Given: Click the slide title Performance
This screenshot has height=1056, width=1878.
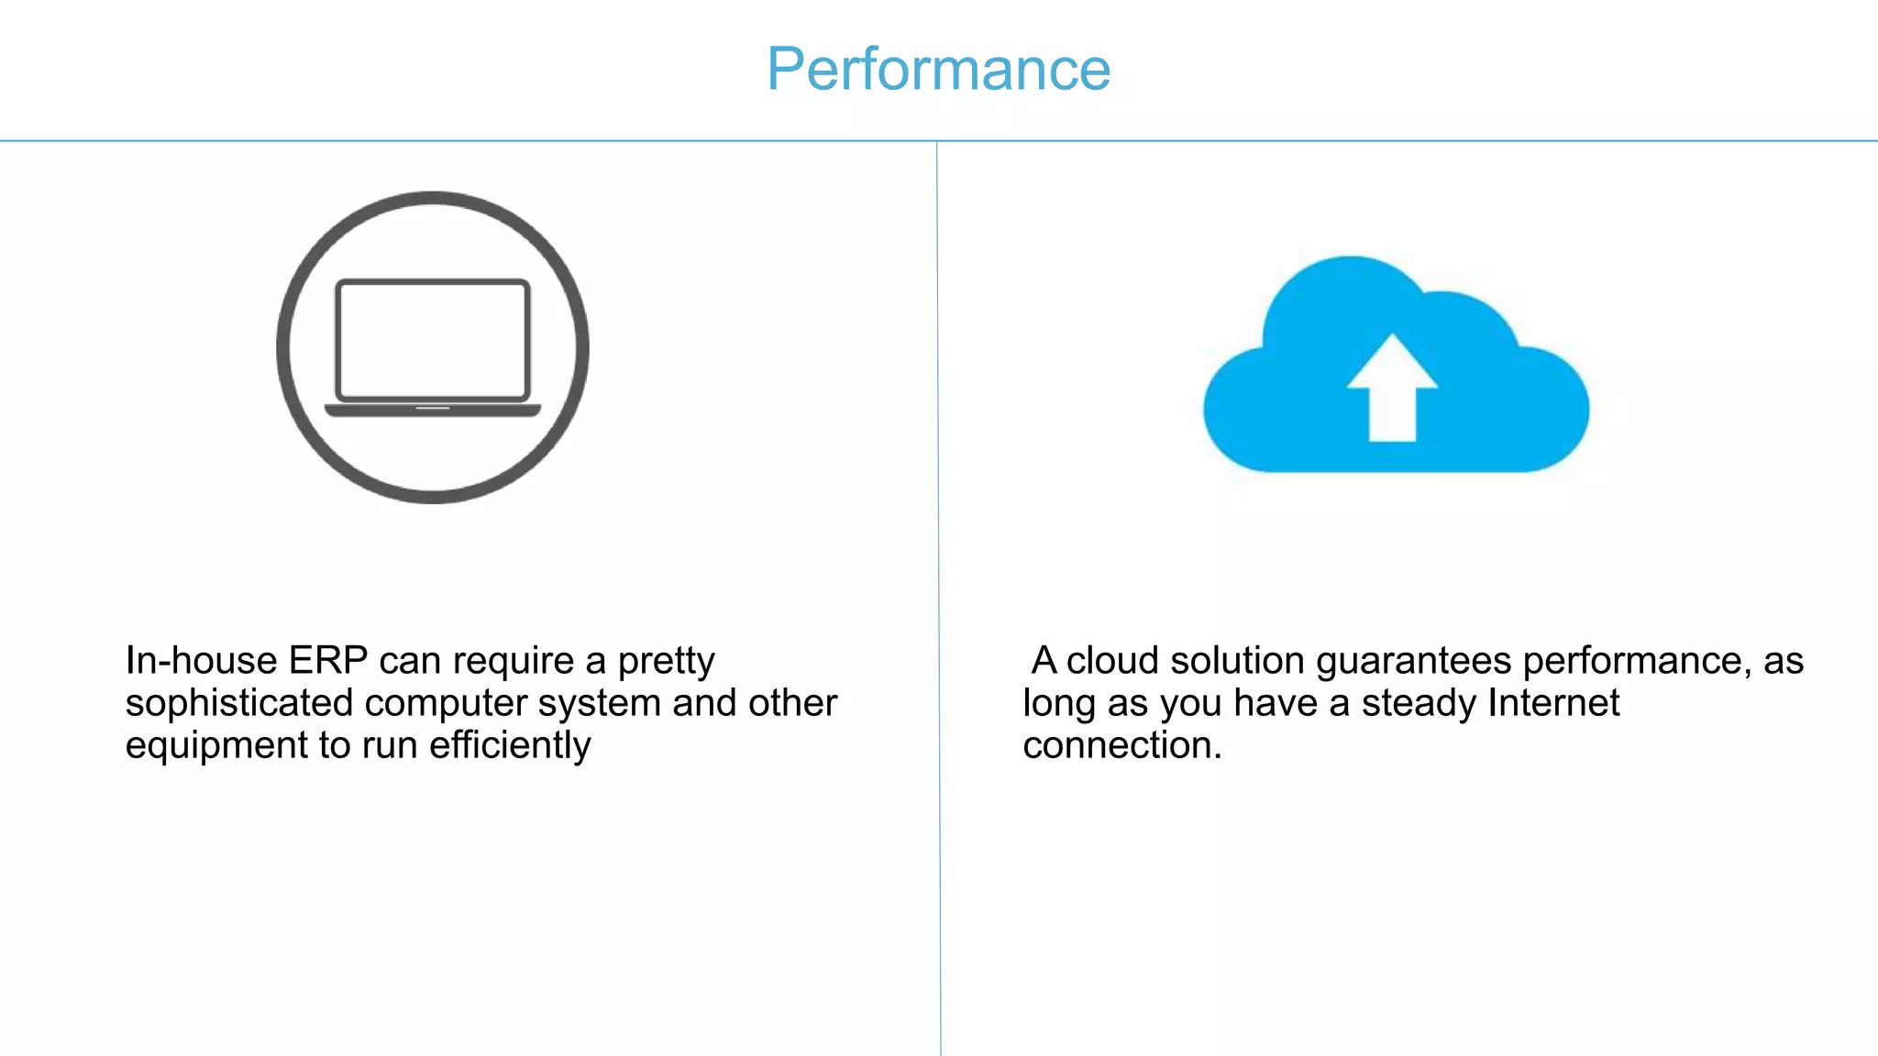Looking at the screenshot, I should coord(938,70).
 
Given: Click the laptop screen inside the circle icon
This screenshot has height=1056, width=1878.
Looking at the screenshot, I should coord(433,339).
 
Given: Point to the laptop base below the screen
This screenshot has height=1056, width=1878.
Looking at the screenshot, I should coord(433,410).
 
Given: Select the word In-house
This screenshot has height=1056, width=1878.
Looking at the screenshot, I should coord(202,660).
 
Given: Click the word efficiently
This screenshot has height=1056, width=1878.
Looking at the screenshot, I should coord(510,745).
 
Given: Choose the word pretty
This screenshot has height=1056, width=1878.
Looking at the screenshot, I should coord(666,660).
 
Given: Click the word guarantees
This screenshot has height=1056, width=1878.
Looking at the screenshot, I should coord(1414,660).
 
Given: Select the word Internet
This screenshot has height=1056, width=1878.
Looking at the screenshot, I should coord(1553,703).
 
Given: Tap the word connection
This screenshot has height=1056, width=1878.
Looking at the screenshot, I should coord(1121,745).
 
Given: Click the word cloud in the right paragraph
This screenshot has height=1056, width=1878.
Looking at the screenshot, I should coord(1113,660).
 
